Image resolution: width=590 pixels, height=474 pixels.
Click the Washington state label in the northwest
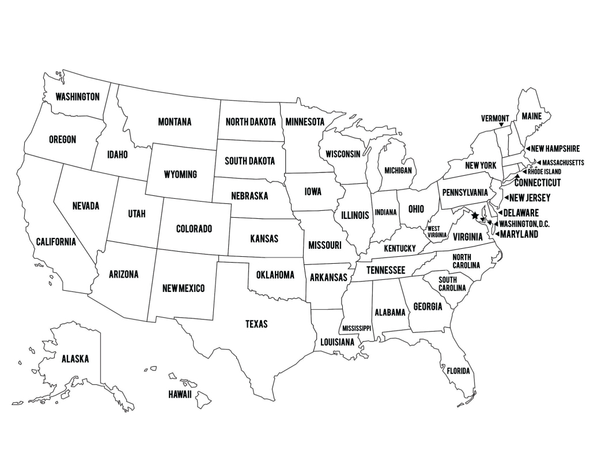(x=77, y=97)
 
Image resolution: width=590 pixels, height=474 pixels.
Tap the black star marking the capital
(x=474, y=216)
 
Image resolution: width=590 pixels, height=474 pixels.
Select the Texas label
(x=256, y=324)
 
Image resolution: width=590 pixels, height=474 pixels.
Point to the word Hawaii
(x=180, y=395)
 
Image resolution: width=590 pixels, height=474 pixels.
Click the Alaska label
(x=75, y=359)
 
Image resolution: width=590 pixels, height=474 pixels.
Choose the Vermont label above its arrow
(x=496, y=119)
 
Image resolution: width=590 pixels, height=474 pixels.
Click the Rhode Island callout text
(x=549, y=172)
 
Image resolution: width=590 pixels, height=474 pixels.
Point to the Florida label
(x=459, y=371)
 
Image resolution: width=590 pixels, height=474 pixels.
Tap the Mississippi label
(x=357, y=328)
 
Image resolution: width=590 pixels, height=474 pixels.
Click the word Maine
(x=531, y=116)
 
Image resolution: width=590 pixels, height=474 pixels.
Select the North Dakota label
(x=251, y=122)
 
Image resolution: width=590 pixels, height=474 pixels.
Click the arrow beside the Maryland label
(x=496, y=234)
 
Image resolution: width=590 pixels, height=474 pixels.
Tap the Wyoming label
(x=180, y=174)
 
